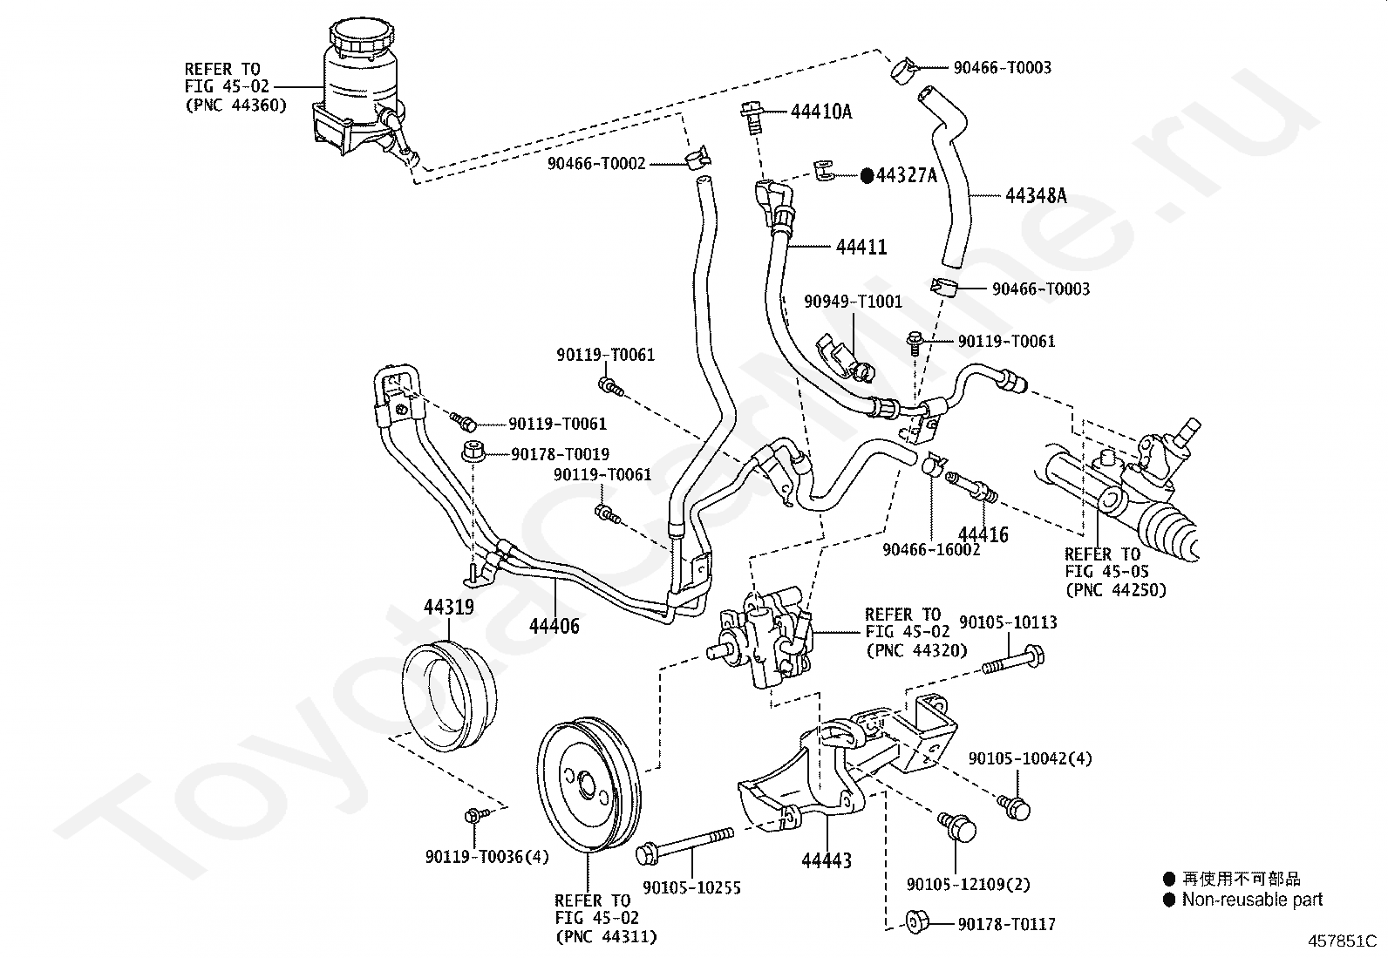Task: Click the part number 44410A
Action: coord(821,112)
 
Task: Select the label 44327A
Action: coord(907,176)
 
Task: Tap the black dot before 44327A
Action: coord(867,176)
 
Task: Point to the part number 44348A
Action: coord(1036,196)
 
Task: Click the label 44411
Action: coord(861,247)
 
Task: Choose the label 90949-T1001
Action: coord(854,301)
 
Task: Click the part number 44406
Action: coord(554,626)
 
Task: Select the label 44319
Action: coord(449,607)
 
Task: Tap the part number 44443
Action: coord(827,860)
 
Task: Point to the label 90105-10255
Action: coord(691,888)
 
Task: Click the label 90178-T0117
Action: coord(1007,925)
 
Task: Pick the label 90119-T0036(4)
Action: coord(487,857)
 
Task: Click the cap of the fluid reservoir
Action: coord(362,38)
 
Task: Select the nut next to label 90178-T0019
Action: coord(473,452)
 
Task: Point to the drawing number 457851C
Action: coord(1342,941)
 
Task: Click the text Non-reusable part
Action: coord(1252,899)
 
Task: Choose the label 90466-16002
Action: coord(931,550)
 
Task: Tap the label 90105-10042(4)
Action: coord(1030,758)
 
